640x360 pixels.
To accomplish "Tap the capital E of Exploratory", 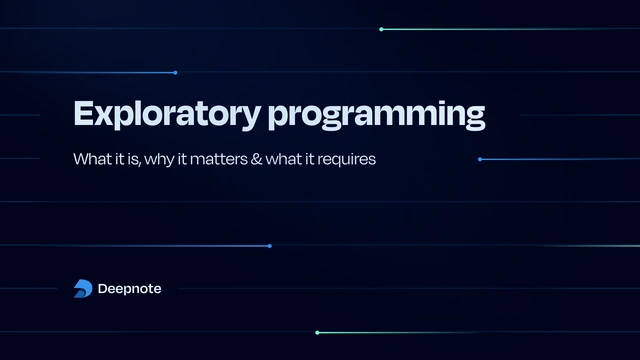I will coord(83,113).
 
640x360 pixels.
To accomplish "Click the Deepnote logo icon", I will coord(83,289).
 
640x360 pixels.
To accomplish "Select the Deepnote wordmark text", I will coord(130,289).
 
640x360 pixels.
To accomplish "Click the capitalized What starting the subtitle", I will coord(93,159).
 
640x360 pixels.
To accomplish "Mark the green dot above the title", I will coord(381,29).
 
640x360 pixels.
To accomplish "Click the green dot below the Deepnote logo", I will coord(317,332).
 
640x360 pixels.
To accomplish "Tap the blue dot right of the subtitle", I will coord(480,159).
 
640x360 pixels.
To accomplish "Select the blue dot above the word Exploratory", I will coord(175,72).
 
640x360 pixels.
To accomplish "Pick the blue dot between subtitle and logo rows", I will coord(269,246).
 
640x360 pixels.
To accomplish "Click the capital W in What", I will coord(80,159).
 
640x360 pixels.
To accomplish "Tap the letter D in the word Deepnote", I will coord(103,289).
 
